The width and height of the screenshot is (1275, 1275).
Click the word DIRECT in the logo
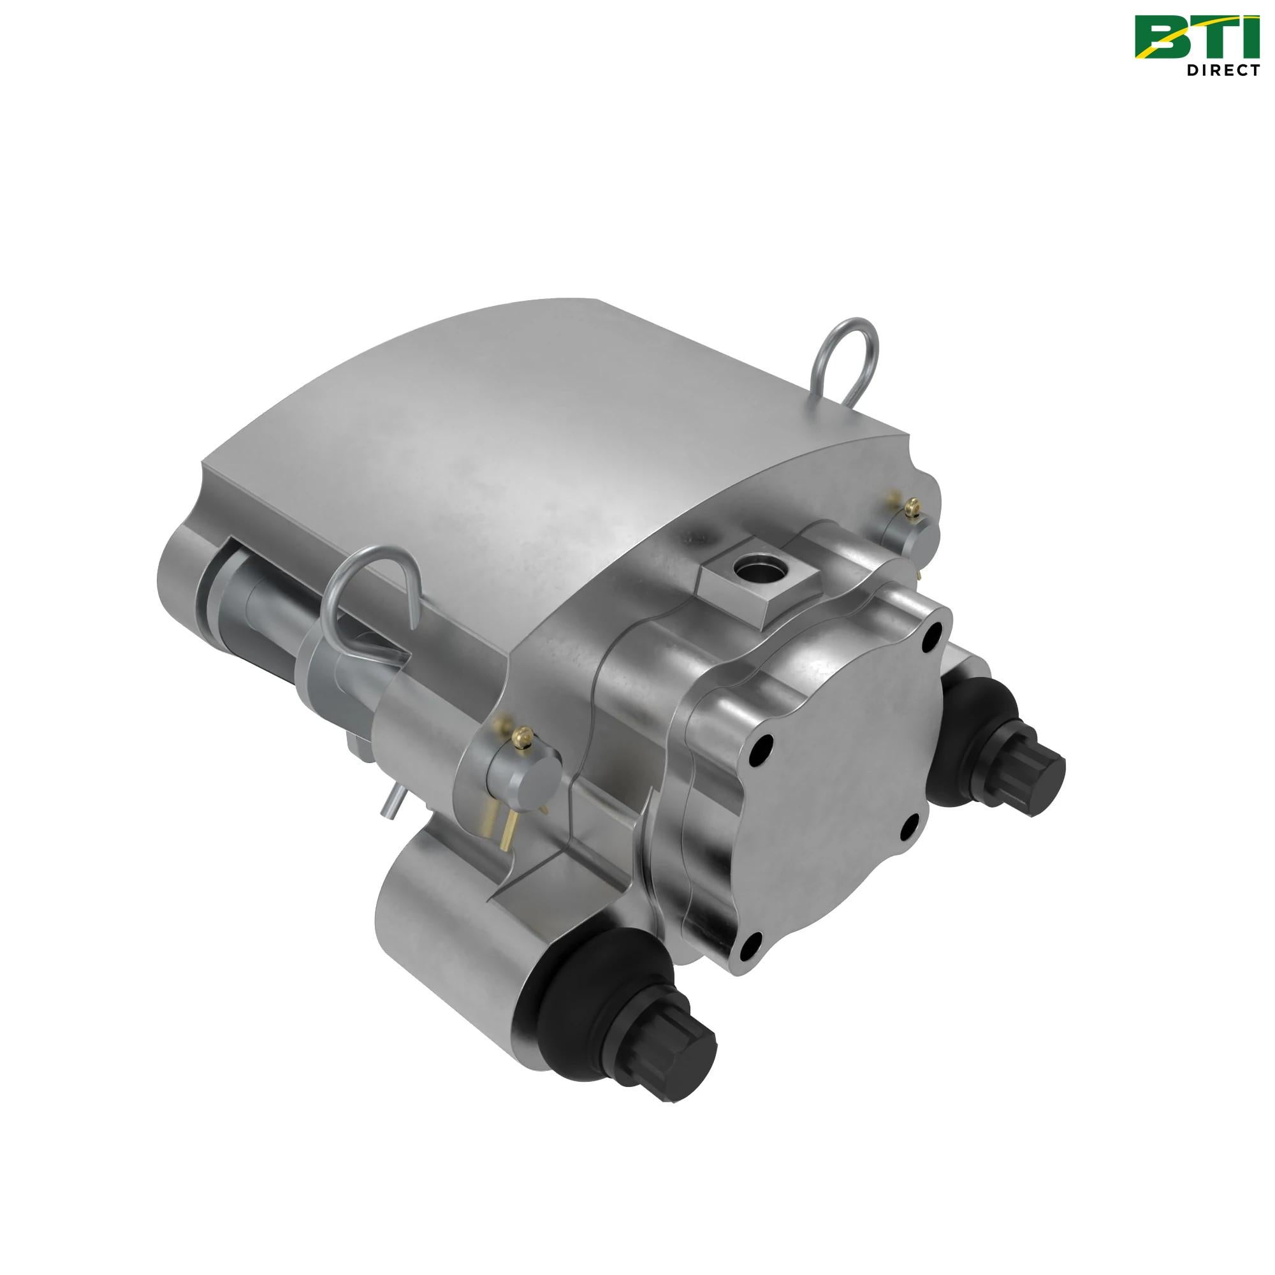coord(1223,70)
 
